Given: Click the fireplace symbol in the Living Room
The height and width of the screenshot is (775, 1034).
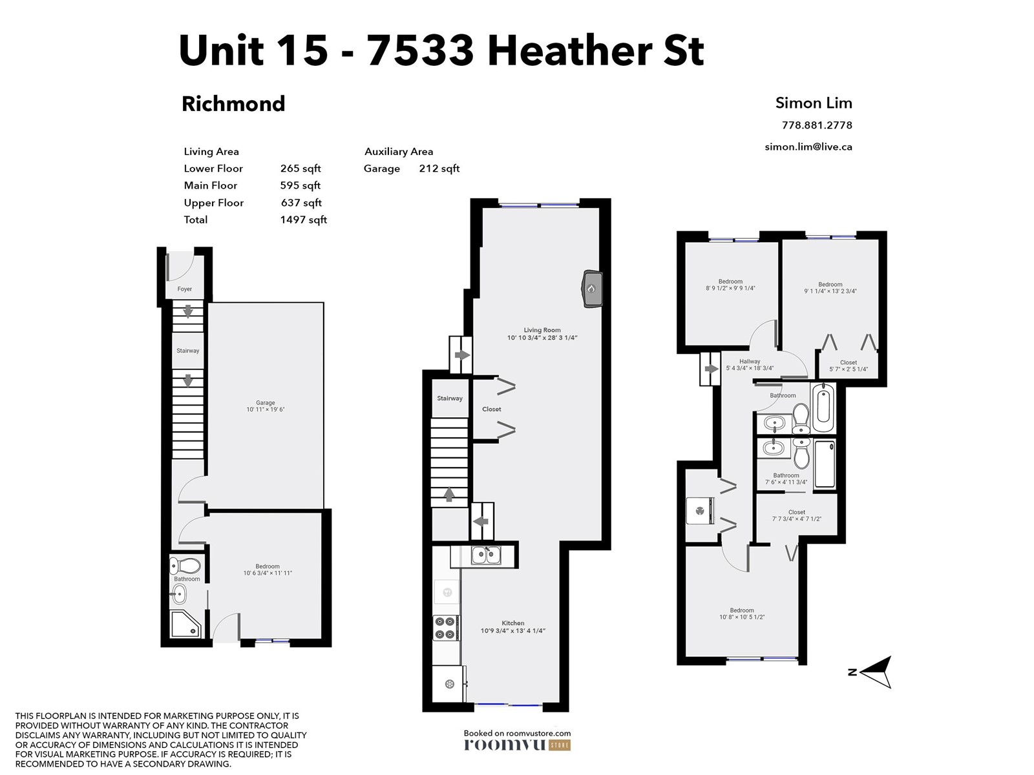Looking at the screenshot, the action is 592,289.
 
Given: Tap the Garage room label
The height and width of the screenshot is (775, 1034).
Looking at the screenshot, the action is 265,403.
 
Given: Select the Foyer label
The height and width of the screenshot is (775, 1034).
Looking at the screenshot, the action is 185,289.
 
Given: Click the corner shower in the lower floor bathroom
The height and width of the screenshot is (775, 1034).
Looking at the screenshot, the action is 185,624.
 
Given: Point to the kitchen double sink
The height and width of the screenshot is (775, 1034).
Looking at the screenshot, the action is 486,555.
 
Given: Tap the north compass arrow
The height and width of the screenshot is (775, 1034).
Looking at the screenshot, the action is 875,672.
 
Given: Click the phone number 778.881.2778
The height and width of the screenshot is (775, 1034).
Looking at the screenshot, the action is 817,125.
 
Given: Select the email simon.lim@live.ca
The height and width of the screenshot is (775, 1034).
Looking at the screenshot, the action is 808,147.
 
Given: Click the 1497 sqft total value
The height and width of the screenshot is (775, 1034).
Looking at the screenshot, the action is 303,220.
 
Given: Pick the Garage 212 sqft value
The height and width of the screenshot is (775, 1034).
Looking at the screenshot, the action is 439,169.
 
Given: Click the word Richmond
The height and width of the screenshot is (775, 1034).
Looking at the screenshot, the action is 233,104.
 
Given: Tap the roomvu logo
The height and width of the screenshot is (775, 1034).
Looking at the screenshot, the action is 517,745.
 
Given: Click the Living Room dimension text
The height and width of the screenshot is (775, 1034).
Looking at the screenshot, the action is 542,338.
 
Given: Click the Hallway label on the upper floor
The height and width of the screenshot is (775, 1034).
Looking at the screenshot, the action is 750,362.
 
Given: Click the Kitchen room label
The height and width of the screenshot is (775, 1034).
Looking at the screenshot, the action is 513,623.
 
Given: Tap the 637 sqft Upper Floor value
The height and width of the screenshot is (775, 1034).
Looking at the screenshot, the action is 301,203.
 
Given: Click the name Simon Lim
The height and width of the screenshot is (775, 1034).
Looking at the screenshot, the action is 814,103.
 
